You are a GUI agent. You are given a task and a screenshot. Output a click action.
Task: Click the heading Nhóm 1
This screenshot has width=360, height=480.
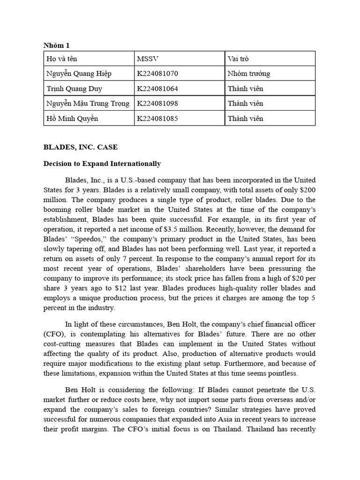click(56, 45)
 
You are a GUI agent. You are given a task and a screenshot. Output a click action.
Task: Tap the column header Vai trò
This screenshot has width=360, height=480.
click(238, 59)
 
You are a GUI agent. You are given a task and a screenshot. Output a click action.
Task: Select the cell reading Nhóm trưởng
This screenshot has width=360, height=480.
click(249, 74)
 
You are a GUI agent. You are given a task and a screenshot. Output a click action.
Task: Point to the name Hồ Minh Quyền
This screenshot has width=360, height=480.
click(72, 118)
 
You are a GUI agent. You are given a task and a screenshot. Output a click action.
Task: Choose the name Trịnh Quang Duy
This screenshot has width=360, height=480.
click(74, 89)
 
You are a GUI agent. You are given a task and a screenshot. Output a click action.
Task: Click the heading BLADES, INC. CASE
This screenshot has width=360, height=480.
click(81, 147)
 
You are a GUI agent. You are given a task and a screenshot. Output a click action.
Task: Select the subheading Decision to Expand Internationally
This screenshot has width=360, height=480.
click(102, 164)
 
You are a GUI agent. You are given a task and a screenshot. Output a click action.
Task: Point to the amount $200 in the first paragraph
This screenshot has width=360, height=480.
click(307, 189)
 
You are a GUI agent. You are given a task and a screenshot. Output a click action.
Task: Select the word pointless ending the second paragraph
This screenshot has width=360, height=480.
click(282, 374)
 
